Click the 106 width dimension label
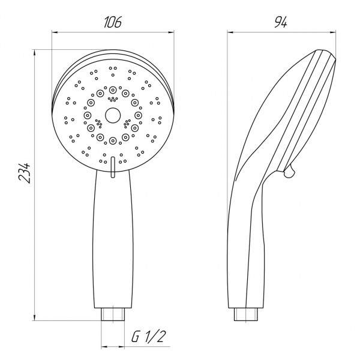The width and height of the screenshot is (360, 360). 113,22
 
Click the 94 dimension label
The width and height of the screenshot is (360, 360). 281,22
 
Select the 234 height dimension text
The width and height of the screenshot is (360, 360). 25,173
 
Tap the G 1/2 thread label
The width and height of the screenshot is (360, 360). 149,337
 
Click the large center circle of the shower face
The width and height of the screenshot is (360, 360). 113,115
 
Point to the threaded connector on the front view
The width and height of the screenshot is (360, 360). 113,314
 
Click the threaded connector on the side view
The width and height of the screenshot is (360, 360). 245,314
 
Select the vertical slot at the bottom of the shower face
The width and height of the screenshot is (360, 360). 113,167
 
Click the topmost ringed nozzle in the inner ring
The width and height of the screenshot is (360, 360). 113,90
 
